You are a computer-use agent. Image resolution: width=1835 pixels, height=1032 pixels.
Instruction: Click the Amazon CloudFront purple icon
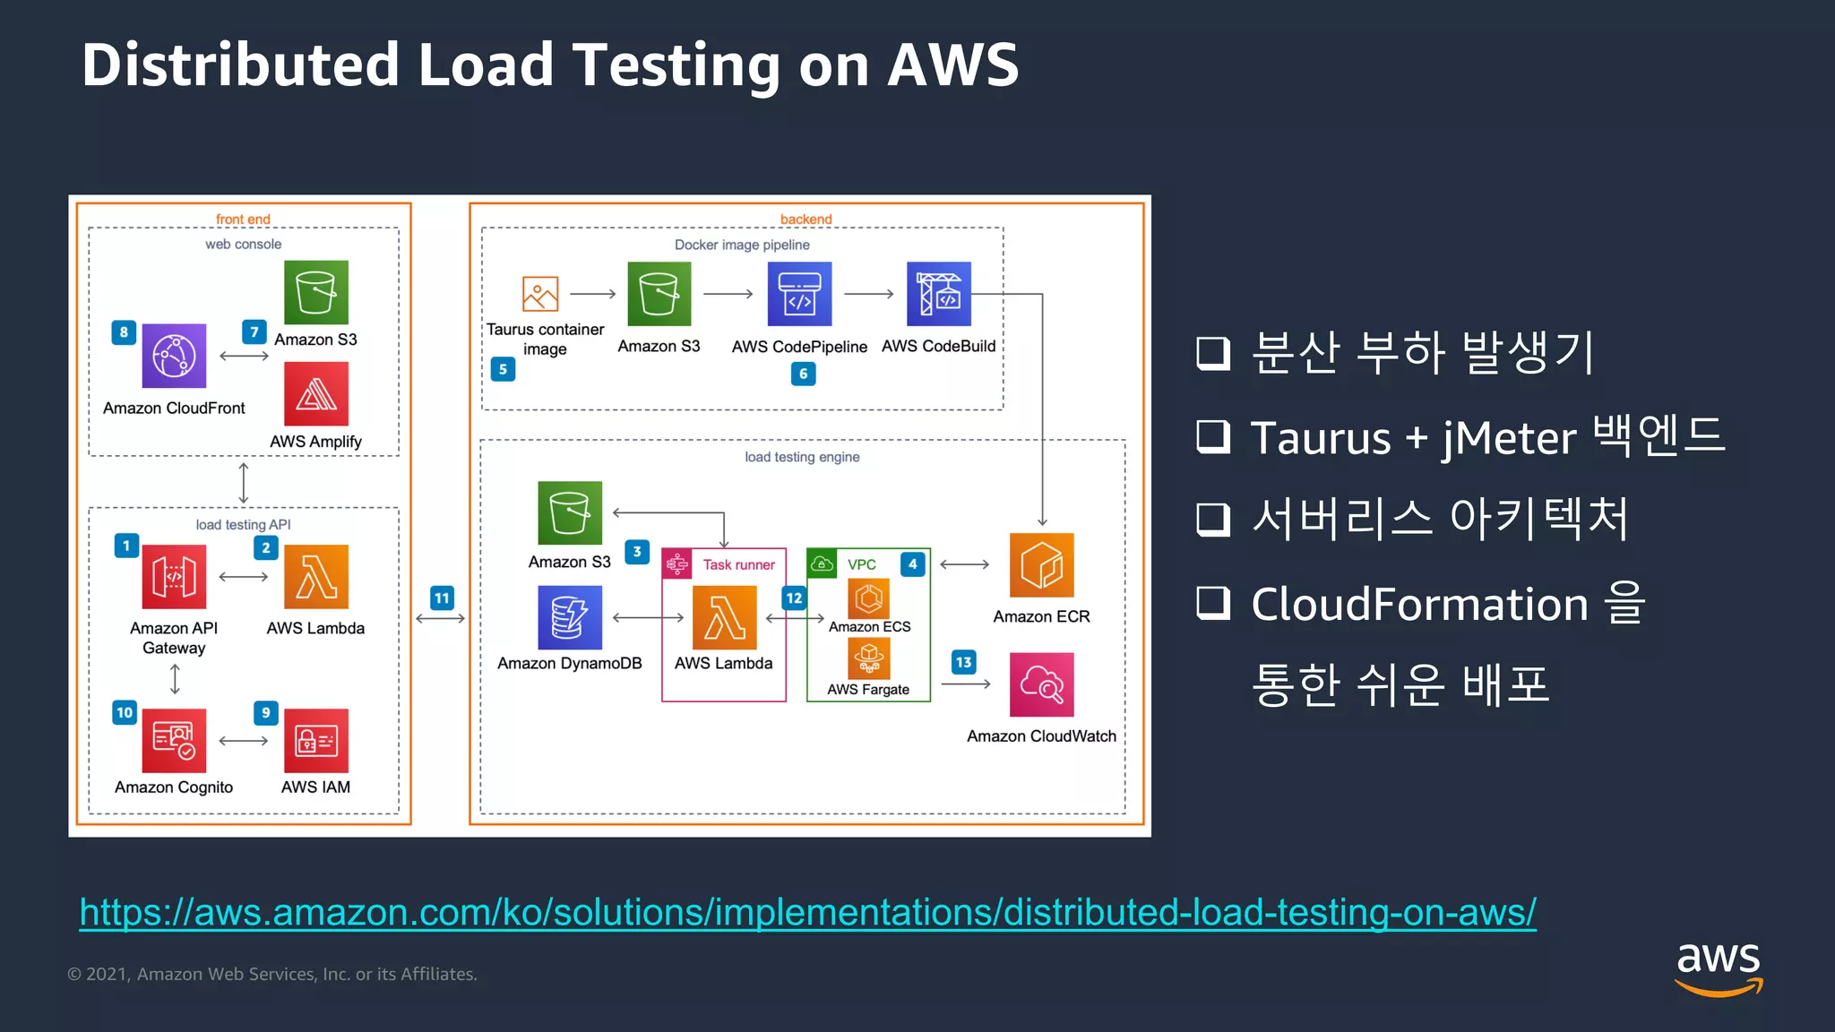coord(174,356)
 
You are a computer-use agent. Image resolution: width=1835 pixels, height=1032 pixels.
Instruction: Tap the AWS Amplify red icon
coord(315,394)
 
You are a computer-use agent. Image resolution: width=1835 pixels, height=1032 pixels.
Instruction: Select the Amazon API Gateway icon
coord(174,577)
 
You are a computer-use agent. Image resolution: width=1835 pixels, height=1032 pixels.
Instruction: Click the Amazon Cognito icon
coord(174,741)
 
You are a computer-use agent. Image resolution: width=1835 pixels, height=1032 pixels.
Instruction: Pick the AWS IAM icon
coord(315,741)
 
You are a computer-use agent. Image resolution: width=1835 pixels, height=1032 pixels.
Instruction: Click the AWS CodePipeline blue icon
coord(799,294)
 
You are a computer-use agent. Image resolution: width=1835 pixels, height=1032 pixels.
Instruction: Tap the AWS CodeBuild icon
coord(938,294)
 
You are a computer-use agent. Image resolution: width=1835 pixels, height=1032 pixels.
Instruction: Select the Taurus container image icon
coord(540,294)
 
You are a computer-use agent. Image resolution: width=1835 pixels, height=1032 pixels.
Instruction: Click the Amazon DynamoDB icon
coord(570,618)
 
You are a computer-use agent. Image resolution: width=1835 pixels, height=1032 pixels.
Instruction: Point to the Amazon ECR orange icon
coord(1041,565)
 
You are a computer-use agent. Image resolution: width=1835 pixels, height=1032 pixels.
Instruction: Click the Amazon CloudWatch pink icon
coord(1041,684)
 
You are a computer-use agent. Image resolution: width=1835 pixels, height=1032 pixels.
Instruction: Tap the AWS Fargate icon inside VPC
coord(868,658)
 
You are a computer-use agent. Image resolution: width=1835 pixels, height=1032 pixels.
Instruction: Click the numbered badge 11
coord(442,598)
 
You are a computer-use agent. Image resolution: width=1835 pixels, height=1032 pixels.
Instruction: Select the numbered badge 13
coord(963,663)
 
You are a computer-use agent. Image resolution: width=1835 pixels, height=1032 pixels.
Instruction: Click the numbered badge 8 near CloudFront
coord(124,332)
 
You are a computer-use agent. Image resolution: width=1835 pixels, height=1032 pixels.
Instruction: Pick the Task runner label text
coord(738,564)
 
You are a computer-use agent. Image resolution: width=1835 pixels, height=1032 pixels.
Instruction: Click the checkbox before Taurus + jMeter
coord(1213,436)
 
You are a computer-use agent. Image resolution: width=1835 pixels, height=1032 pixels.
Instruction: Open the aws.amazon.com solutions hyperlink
coord(806,912)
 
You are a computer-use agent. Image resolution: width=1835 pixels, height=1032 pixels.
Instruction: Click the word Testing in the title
coord(676,65)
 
